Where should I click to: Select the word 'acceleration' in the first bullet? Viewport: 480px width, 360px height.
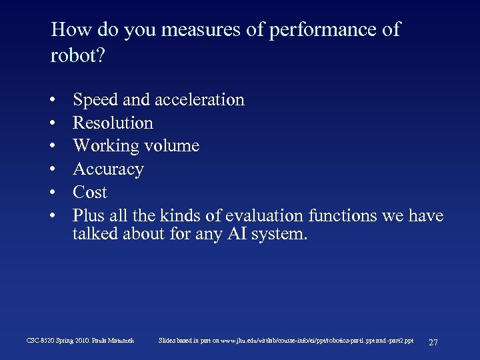click(199, 100)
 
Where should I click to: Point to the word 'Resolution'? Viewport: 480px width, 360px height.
click(113, 123)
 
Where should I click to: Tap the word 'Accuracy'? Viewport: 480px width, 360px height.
click(108, 169)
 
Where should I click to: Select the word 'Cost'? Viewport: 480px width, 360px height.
click(89, 192)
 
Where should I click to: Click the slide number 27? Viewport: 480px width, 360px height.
click(433, 342)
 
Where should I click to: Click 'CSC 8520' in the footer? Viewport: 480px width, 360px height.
click(41, 341)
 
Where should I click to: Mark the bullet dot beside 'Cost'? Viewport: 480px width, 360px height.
click(52, 193)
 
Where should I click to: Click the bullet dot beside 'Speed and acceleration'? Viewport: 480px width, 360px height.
click(52, 101)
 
